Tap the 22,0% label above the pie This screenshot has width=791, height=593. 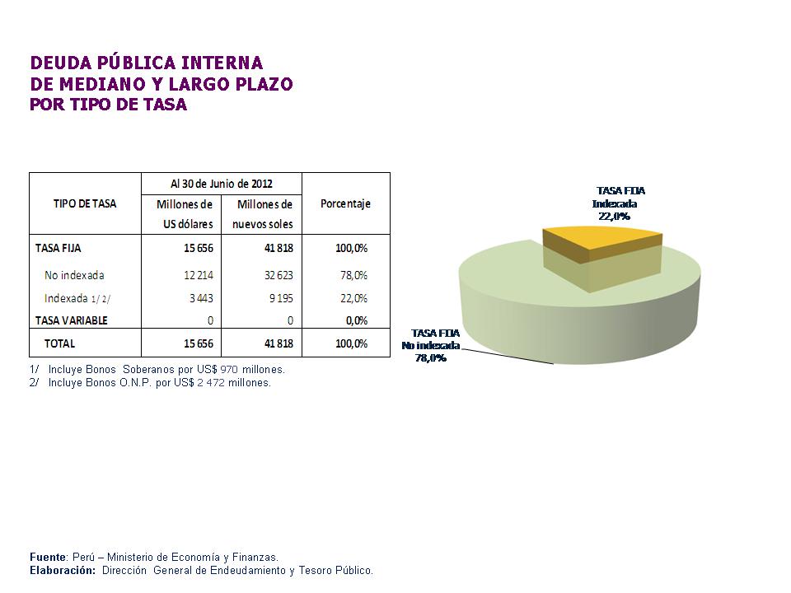tap(614, 216)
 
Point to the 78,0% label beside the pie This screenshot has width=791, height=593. tap(430, 357)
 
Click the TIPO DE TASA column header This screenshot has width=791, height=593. tap(85, 203)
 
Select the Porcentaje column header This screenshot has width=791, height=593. tap(345, 203)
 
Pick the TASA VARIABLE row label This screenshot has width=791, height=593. tap(71, 320)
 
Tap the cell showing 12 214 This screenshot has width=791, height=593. tap(199, 275)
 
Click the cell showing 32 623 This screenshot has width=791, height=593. tap(276, 275)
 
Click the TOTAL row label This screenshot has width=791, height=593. tap(59, 343)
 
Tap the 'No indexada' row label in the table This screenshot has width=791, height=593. tap(74, 275)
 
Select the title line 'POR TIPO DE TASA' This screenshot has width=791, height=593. tap(109, 105)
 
